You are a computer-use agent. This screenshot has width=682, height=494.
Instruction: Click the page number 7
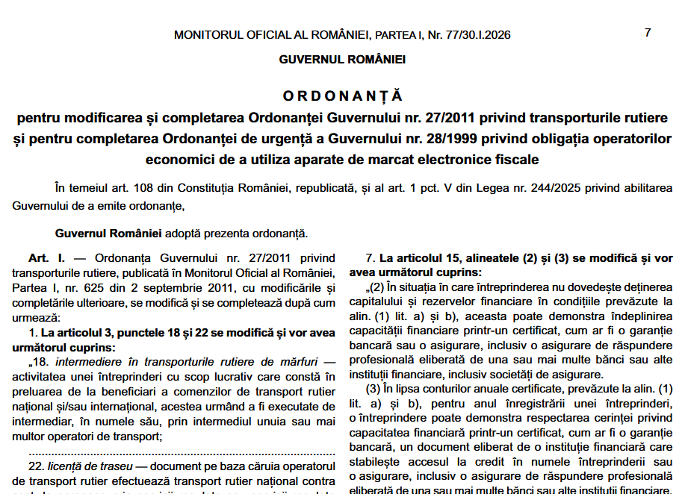(x=648, y=33)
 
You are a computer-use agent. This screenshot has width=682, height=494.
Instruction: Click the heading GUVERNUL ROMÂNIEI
(x=342, y=60)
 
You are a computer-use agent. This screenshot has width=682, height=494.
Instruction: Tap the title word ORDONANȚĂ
(x=342, y=96)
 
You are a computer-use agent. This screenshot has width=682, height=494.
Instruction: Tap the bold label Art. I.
(x=46, y=258)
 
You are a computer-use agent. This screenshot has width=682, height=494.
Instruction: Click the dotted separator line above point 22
(x=182, y=451)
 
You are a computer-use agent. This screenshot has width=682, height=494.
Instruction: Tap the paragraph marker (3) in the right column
(x=373, y=389)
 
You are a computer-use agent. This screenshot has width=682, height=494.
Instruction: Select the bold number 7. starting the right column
(x=370, y=258)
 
